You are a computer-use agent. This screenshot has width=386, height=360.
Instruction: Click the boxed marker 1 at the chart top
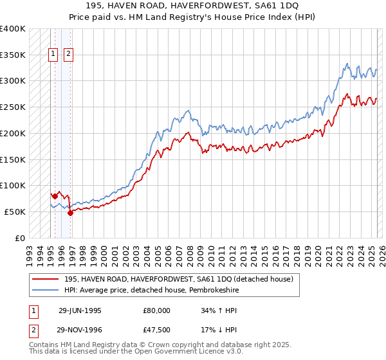[x=52, y=55]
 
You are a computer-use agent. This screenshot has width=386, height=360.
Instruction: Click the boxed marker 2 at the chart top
[x=68, y=55]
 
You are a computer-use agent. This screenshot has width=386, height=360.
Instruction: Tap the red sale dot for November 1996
[x=70, y=213]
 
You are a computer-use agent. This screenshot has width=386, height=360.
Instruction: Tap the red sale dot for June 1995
[x=55, y=195]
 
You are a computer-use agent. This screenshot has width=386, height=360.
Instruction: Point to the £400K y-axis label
[x=13, y=29]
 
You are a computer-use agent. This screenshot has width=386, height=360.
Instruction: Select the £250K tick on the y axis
[x=13, y=107]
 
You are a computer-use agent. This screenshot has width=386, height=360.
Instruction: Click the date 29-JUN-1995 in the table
[x=80, y=310]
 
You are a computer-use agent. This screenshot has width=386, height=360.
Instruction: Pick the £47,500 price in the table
[x=157, y=329]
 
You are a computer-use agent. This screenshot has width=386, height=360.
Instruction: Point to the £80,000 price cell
[x=157, y=310]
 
